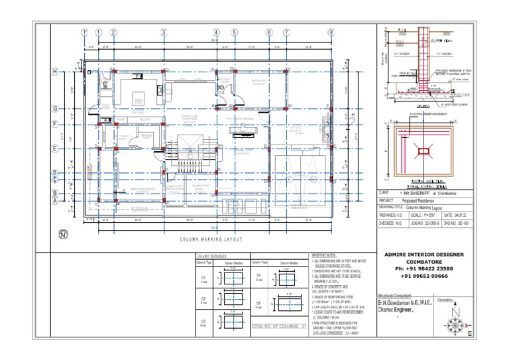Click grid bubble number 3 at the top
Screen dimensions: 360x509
click(163, 32)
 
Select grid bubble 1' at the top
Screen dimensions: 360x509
click(85, 32)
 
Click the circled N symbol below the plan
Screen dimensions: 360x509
click(64, 233)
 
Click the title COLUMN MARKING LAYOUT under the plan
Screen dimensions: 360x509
click(211, 239)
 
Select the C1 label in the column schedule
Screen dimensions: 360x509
click(203, 278)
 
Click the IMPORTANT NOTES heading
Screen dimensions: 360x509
click(325, 255)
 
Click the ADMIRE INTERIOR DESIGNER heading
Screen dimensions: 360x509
click(424, 254)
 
